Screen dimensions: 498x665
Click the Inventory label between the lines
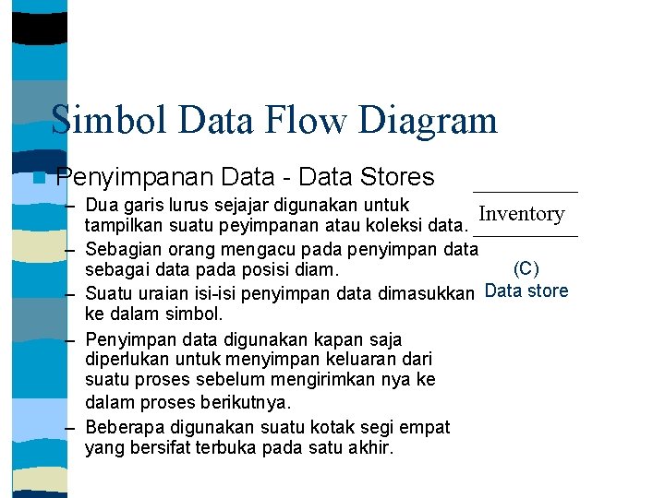point(522,214)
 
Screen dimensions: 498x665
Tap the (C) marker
point(526,269)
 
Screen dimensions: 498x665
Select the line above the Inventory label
point(524,191)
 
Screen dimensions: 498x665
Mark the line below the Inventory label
point(524,237)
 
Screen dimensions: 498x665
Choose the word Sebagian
point(121,249)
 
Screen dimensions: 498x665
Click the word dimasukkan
point(427,293)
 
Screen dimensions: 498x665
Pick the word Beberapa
point(121,427)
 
